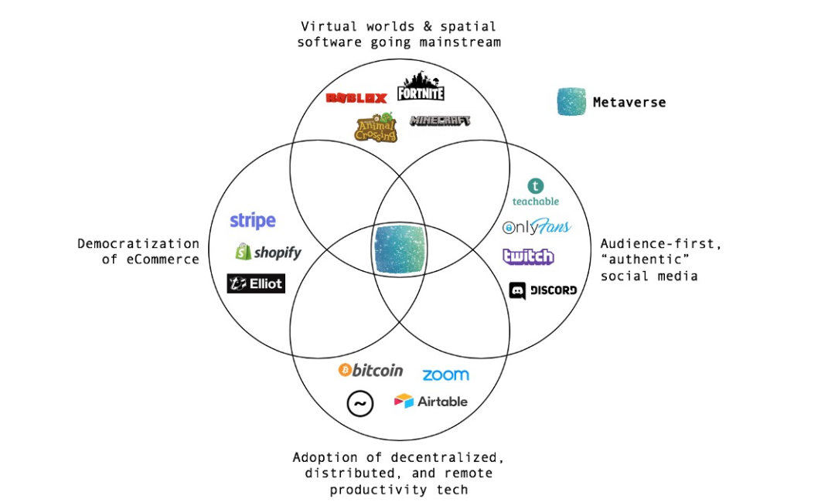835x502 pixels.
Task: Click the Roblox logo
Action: (356, 98)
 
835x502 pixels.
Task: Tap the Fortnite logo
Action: (421, 86)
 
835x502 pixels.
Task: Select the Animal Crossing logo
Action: (376, 128)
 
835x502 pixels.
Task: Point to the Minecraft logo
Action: (440, 121)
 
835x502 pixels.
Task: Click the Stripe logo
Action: (253, 221)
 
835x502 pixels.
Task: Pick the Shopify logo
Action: (268, 252)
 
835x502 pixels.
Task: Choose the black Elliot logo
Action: (256, 283)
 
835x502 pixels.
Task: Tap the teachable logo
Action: (535, 192)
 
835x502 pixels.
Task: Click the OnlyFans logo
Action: (537, 227)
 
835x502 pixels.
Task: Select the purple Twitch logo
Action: (528, 256)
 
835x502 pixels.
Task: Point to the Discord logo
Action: (543, 290)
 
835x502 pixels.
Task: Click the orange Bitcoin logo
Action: (371, 371)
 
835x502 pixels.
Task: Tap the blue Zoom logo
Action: (445, 375)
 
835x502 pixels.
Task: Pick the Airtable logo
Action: (431, 401)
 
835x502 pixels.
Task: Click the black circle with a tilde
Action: (360, 402)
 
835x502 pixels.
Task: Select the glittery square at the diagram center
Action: (400, 250)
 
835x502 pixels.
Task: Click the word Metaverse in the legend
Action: (629, 102)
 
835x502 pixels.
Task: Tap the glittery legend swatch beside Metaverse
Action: (572, 102)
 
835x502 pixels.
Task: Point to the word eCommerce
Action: (161, 259)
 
